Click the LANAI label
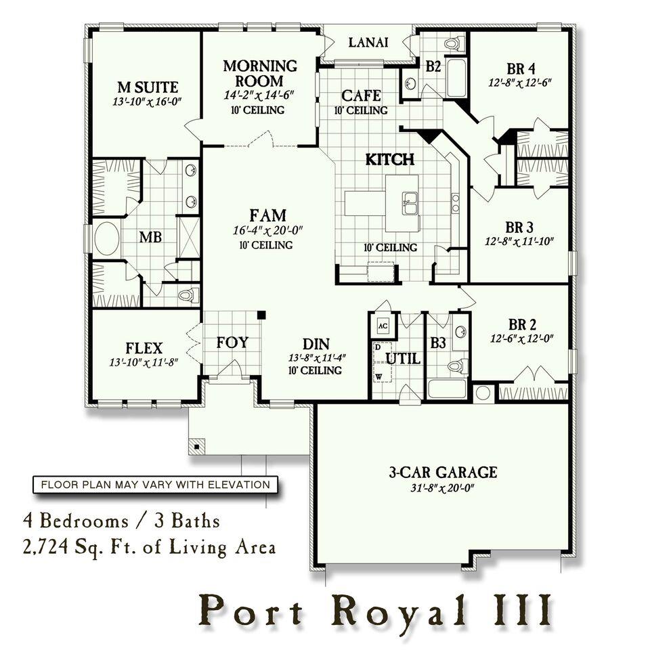pos(368,43)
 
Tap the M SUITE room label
pos(148,87)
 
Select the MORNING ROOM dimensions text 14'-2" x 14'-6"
pos(260,96)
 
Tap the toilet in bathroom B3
pos(458,366)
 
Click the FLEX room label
pos(144,349)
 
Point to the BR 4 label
pos(521,68)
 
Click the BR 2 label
pos(521,323)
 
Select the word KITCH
pos(389,160)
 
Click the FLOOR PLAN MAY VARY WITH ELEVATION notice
pos(155,485)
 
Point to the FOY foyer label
pos(232,342)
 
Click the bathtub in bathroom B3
pos(446,389)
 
